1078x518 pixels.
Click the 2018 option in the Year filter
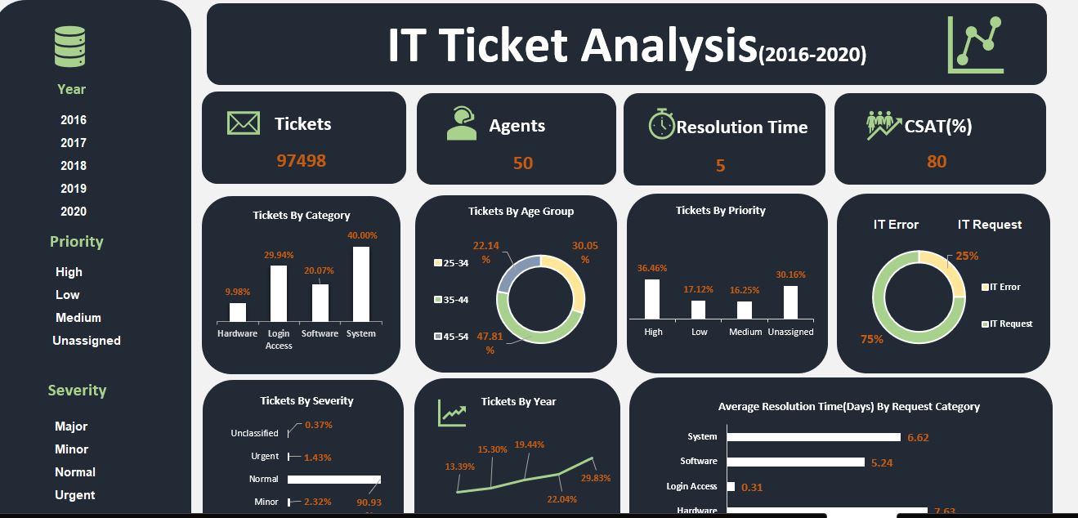pyautogui.click(x=73, y=165)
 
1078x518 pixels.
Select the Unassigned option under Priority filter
pyautogui.click(x=86, y=341)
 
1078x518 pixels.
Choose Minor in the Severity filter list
pyautogui.click(x=71, y=449)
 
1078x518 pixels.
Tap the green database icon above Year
pyautogui.click(x=70, y=47)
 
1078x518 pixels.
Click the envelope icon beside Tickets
pyautogui.click(x=243, y=123)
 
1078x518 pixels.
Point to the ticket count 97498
pyautogui.click(x=301, y=161)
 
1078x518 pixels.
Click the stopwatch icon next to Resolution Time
pyautogui.click(x=660, y=125)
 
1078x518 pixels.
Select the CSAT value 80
pyautogui.click(x=937, y=162)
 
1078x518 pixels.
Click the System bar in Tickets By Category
pyautogui.click(x=360, y=284)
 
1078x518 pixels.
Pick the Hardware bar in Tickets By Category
pyautogui.click(x=238, y=312)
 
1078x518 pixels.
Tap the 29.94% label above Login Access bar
pyautogui.click(x=279, y=255)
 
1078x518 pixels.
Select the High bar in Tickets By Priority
pyautogui.click(x=651, y=299)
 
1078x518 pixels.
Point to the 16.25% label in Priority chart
pyautogui.click(x=744, y=290)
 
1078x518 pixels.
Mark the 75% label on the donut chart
pyautogui.click(x=872, y=339)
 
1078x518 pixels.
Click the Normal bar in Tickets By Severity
pyautogui.click(x=333, y=480)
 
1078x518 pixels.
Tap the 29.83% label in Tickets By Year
pyautogui.click(x=595, y=478)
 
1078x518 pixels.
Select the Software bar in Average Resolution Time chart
pyautogui.click(x=795, y=462)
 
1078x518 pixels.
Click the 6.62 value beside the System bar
pyautogui.click(x=918, y=438)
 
